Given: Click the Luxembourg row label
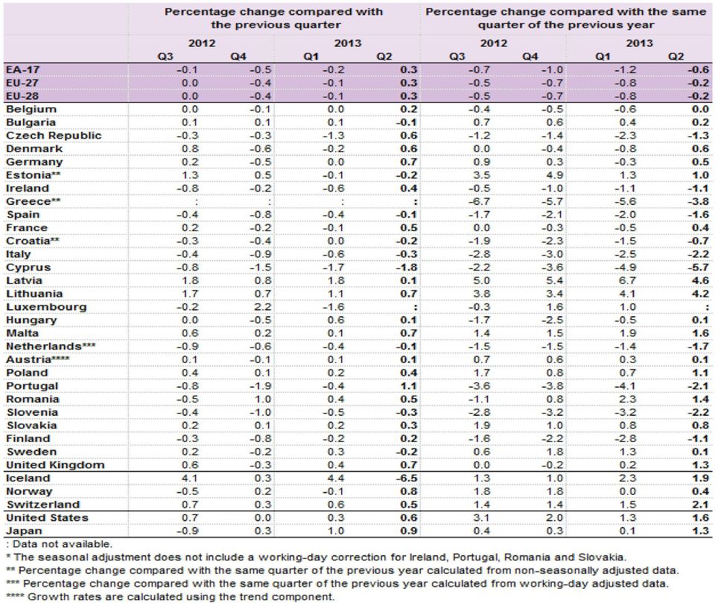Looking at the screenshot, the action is [x=46, y=307].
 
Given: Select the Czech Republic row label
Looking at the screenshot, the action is [x=54, y=136].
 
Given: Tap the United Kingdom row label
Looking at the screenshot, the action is [x=55, y=464].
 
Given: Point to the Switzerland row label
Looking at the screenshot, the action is [x=43, y=505].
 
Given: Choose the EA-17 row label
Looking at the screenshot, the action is [x=23, y=70].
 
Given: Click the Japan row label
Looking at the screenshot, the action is [x=24, y=531].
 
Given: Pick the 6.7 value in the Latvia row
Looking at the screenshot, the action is [x=627, y=280].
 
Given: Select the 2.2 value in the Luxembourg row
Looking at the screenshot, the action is [x=262, y=307].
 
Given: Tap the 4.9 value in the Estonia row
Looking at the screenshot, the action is [x=554, y=175].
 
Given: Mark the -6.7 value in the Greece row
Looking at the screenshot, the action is [x=478, y=201].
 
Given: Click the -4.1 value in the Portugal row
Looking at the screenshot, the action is [x=625, y=385].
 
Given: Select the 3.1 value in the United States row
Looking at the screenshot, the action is [x=481, y=517].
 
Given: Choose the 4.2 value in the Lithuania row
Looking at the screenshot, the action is [x=700, y=294].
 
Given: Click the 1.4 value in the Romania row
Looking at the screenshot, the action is [x=700, y=399].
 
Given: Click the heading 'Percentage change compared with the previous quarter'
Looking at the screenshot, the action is [x=274, y=18].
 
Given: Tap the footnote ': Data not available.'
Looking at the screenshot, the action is [x=60, y=544].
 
